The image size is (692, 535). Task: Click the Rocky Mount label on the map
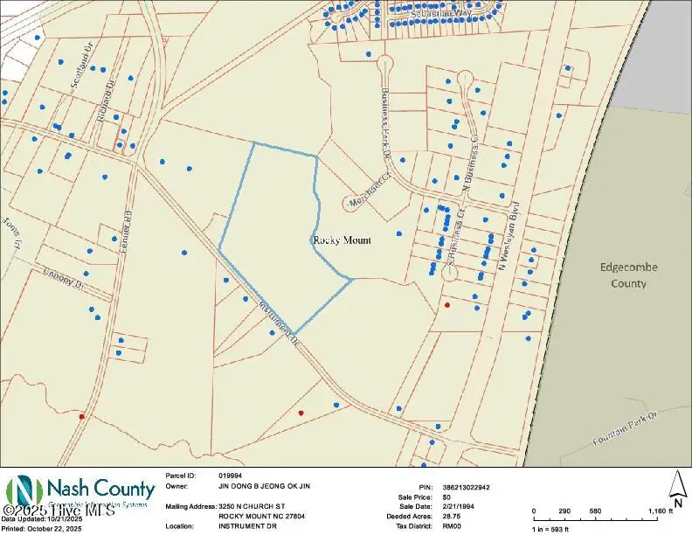tap(341, 240)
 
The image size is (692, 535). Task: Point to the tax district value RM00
tap(452, 526)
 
